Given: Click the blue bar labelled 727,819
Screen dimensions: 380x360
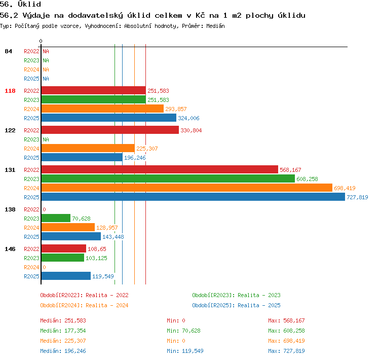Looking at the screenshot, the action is [x=193, y=197].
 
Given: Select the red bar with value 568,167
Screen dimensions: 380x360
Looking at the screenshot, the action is [x=160, y=169].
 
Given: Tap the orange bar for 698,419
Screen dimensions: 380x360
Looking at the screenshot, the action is [x=187, y=188].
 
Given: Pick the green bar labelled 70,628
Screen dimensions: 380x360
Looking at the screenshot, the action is [x=56, y=218].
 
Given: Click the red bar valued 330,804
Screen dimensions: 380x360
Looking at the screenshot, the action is [x=110, y=130].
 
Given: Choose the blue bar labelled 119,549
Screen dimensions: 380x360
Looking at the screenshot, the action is [x=66, y=276].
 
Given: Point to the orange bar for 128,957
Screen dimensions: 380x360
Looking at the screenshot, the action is [x=68, y=227].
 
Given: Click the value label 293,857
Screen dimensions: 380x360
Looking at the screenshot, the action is [x=176, y=109].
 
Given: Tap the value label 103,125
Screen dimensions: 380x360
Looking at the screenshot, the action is [x=96, y=258].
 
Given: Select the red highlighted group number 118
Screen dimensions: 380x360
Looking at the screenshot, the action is [x=10, y=91].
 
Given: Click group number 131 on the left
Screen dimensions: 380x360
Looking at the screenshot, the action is [x=10, y=170].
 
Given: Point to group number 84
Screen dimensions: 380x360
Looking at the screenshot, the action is [x=8, y=51].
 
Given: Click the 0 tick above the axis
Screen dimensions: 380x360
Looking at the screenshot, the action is [x=41, y=41].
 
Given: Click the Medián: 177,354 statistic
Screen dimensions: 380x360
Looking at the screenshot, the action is [x=63, y=331].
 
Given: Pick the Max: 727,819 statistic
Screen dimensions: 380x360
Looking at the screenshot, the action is [x=286, y=351].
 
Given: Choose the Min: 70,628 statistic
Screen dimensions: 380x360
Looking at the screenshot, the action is [x=183, y=331].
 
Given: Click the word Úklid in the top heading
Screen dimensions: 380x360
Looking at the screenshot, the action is [x=29, y=4].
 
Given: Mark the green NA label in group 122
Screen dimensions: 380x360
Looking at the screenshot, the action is [x=46, y=139].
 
